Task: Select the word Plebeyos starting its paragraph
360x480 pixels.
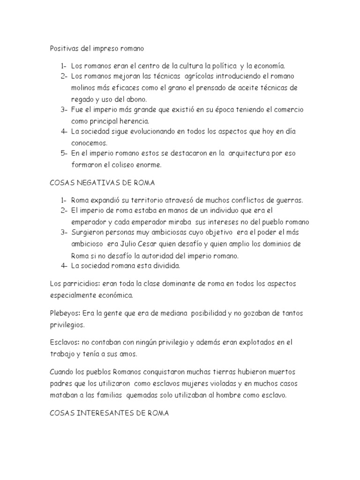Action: pos(65,313)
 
